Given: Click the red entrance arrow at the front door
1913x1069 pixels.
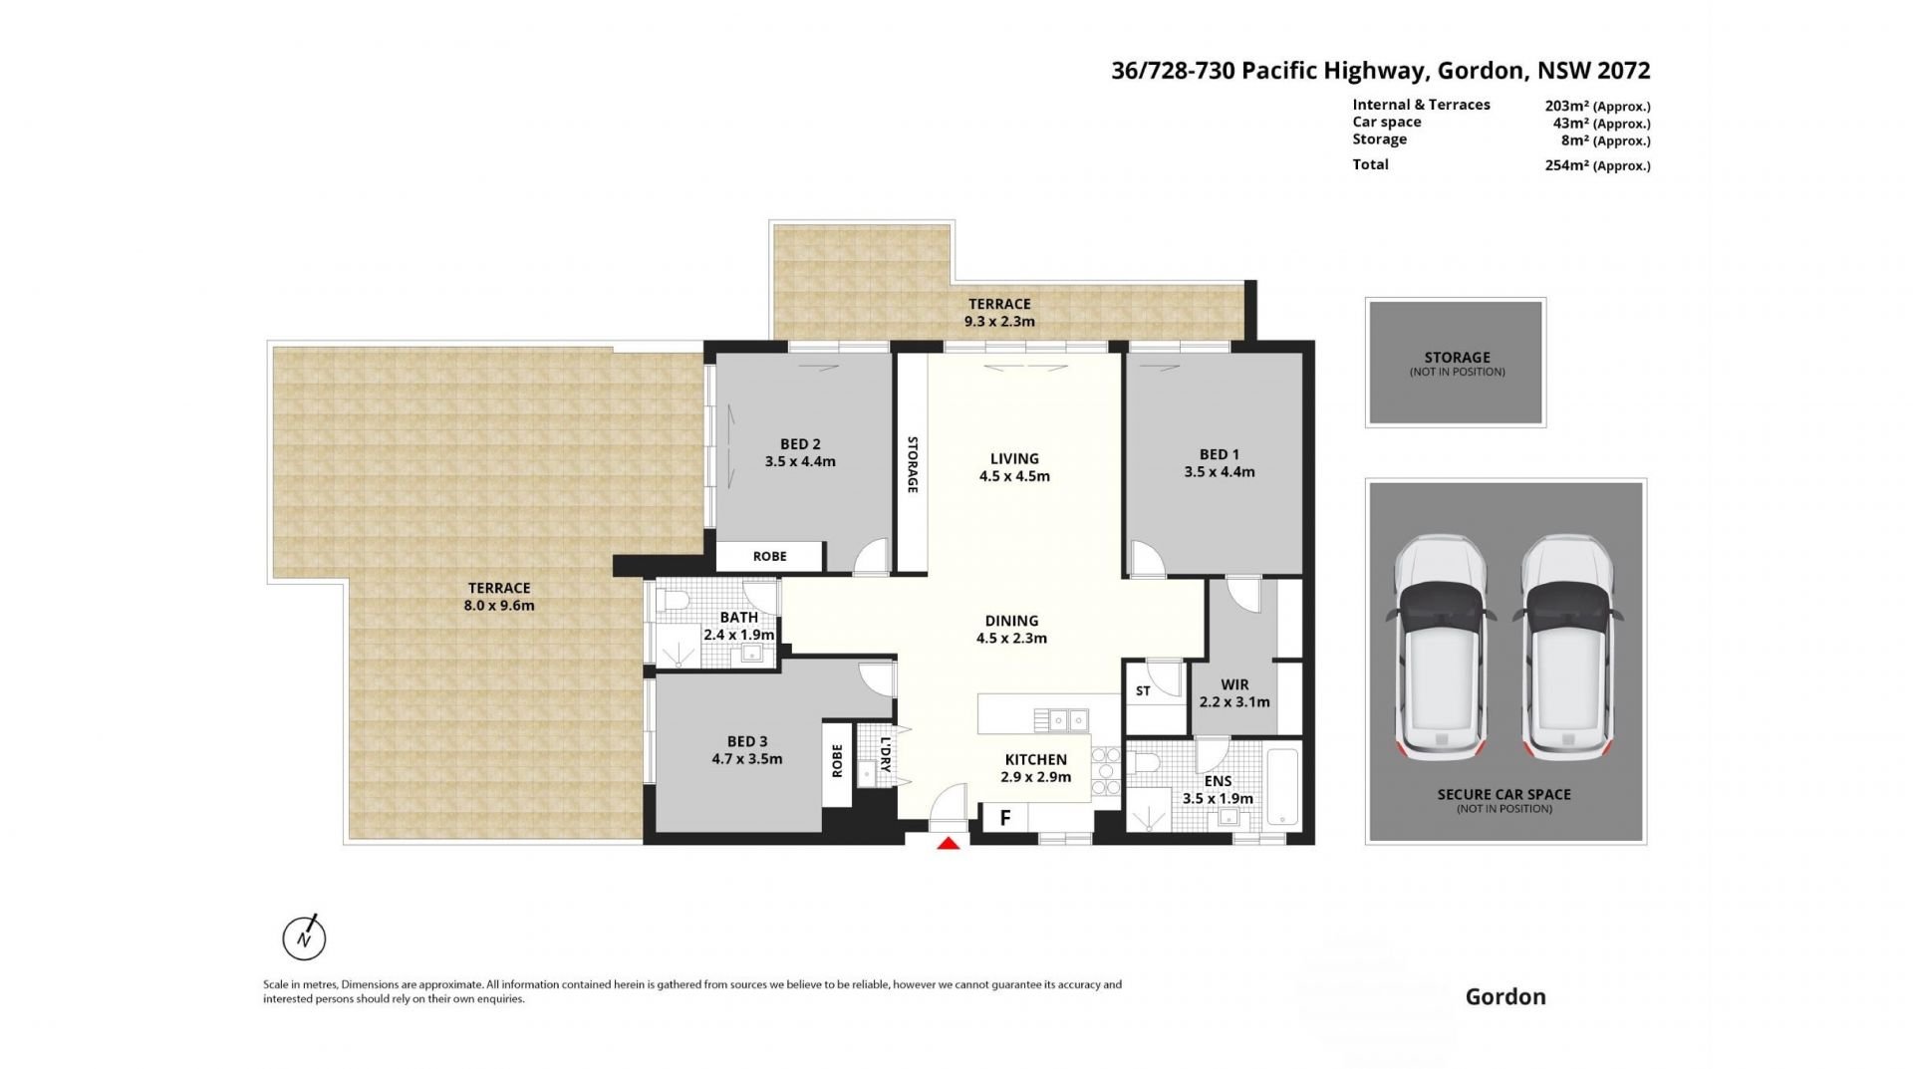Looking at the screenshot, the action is pos(949,843).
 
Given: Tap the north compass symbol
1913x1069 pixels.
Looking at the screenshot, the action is pos(305,936).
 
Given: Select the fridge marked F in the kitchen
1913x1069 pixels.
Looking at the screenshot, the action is pos(1005,818).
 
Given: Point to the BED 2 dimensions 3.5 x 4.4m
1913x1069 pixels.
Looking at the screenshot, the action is pos(800,461).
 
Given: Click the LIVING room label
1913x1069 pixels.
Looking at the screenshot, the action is pos(1014,458).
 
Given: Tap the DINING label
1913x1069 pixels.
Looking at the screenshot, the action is pos(1011,621).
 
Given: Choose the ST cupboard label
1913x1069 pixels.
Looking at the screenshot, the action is pos(1143,690).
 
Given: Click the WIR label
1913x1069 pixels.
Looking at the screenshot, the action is pos(1234,684).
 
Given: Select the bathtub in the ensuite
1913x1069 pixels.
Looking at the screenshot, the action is pos(1283,787).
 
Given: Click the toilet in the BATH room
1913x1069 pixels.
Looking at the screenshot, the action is pos(670,600).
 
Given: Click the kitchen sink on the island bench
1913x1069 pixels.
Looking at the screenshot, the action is pos(1061,718).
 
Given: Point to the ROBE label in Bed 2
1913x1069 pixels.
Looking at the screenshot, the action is pos(769,556).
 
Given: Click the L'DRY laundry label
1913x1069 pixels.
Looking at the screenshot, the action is pos(885,754).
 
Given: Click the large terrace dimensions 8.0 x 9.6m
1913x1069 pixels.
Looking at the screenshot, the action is pos(499,605).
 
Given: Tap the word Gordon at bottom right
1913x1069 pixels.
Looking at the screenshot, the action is pos(1505,996).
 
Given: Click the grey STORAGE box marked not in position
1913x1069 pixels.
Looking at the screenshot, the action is pos(1456,363).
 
